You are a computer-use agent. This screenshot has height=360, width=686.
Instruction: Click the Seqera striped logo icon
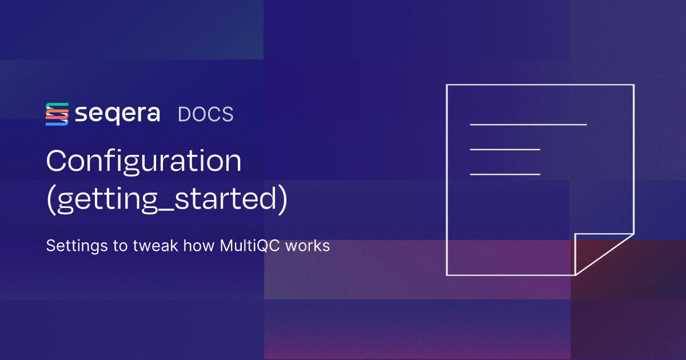pyautogui.click(x=57, y=114)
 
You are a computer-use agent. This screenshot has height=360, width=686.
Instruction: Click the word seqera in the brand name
pyautogui.click(x=118, y=114)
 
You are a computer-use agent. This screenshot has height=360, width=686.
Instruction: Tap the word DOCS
pyautogui.click(x=206, y=114)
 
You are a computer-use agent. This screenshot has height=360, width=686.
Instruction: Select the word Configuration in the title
pyautogui.click(x=144, y=163)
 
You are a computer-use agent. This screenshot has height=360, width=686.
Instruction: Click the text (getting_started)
pyautogui.click(x=166, y=201)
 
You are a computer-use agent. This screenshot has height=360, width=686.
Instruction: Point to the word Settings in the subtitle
pyautogui.click(x=69, y=246)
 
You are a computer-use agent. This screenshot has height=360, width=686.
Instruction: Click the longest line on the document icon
pyautogui.click(x=528, y=124)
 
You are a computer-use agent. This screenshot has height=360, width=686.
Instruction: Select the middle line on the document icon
pyautogui.click(x=505, y=149)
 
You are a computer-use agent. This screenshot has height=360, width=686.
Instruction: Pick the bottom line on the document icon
pyautogui.click(x=505, y=174)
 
